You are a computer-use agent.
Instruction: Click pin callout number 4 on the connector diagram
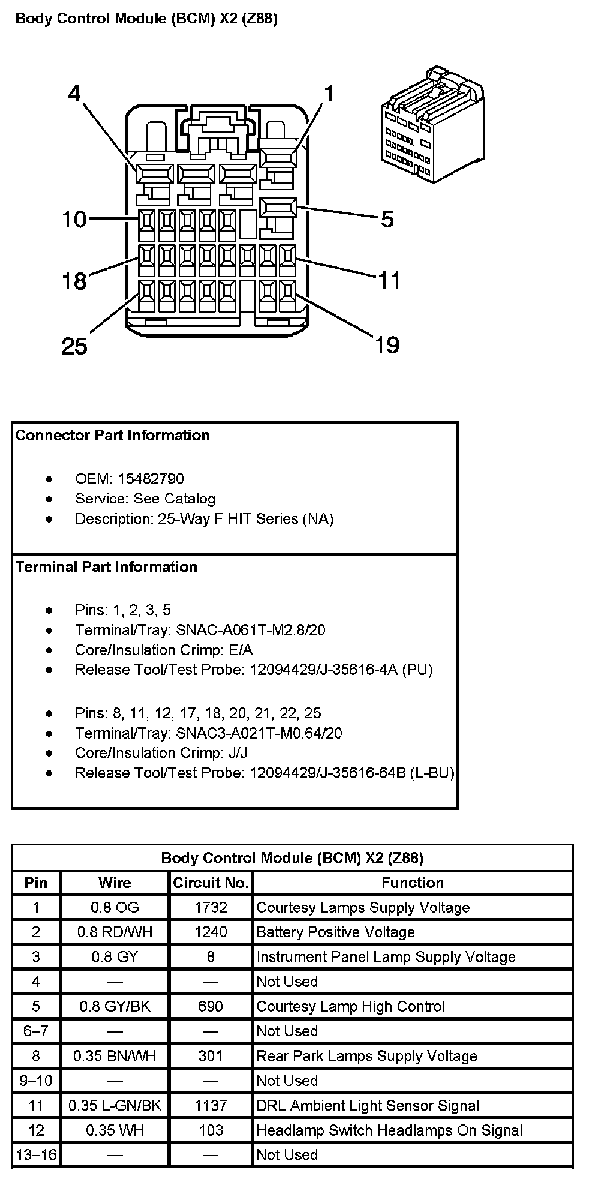pyautogui.click(x=74, y=94)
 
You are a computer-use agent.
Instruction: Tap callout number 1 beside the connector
pyautogui.click(x=329, y=94)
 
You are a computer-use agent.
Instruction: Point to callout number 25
pyautogui.click(x=74, y=346)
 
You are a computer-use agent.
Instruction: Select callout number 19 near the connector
pyautogui.click(x=387, y=345)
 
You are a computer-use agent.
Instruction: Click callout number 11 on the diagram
pyautogui.click(x=389, y=280)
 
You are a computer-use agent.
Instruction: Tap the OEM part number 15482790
pyautogui.click(x=151, y=479)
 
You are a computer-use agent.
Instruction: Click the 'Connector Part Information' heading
pyautogui.click(x=112, y=436)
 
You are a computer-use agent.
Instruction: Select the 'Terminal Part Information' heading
pyautogui.click(x=106, y=567)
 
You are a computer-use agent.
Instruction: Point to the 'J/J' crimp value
pyautogui.click(x=237, y=753)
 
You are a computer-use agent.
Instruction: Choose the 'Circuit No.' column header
pyautogui.click(x=211, y=883)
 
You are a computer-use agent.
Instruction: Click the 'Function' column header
pyautogui.click(x=413, y=883)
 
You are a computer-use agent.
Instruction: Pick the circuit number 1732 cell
pyautogui.click(x=211, y=908)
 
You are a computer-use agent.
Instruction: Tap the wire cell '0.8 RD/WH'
pyautogui.click(x=115, y=932)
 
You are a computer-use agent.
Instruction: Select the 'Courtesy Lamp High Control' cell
pyautogui.click(x=351, y=1007)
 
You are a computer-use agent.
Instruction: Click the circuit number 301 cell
pyautogui.click(x=211, y=1056)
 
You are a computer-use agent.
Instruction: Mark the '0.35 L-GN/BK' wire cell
pyautogui.click(x=115, y=1106)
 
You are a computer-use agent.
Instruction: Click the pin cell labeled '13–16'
pyautogui.click(x=36, y=1155)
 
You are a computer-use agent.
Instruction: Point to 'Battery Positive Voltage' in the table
pyautogui.click(x=335, y=932)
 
